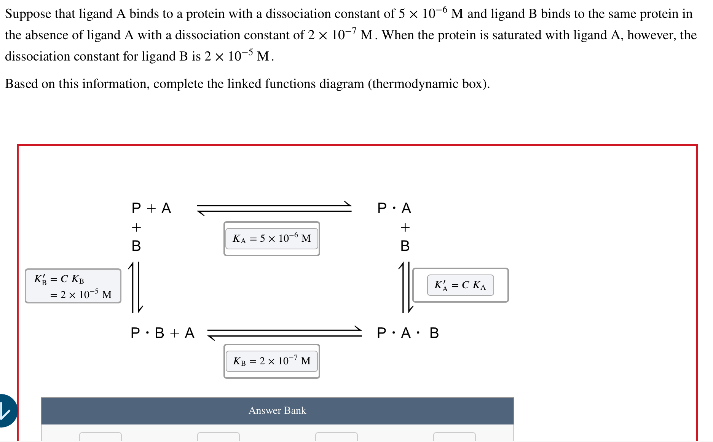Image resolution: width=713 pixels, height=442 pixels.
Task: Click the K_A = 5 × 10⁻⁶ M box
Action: [x=271, y=239]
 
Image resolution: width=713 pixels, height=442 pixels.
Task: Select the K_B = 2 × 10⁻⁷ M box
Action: [x=271, y=361]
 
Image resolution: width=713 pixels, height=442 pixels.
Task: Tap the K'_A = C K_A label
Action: [x=460, y=285]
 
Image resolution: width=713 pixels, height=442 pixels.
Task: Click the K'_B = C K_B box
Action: [x=73, y=286]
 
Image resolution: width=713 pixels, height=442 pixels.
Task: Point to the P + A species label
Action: [x=151, y=208]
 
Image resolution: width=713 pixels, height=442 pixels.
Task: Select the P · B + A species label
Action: [x=163, y=333]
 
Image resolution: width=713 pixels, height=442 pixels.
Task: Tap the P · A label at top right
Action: [x=394, y=208]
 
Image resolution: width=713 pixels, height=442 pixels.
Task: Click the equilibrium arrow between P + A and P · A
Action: [x=274, y=208]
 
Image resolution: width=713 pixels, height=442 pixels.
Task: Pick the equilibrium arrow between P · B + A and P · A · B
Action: [x=284, y=333]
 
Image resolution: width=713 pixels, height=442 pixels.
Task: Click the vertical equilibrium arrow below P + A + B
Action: [x=136, y=287]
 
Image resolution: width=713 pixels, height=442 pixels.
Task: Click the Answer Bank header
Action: [x=277, y=410]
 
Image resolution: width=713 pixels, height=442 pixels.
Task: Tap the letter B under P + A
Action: [x=136, y=246]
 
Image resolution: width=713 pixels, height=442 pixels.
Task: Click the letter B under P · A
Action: [x=405, y=246]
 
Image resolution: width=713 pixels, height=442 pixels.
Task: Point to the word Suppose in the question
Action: [x=28, y=14]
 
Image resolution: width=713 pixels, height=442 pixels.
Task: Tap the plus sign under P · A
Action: [x=405, y=228]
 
